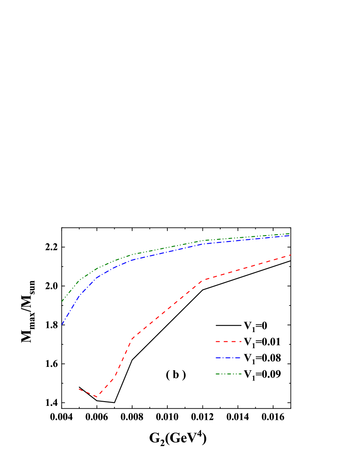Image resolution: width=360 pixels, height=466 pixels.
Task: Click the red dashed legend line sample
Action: [x=228, y=341]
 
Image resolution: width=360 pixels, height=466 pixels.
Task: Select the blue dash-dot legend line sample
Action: [x=228, y=358]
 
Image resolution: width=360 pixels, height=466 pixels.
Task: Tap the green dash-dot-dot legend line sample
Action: [x=228, y=374]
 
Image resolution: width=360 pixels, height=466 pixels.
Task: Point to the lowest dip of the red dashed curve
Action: [x=97, y=397]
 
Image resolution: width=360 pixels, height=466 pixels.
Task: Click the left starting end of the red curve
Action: [x=79, y=389]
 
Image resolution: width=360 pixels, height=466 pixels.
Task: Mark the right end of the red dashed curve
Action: [x=291, y=255]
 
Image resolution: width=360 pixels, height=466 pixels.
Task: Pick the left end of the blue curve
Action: [x=62, y=325]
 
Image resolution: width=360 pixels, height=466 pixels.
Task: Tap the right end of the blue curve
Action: [x=290, y=236]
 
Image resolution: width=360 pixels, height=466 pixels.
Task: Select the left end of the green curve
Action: [x=62, y=301]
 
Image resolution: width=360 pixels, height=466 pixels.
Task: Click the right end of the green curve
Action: [x=290, y=233]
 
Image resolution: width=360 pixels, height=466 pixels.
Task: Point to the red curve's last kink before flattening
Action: [x=203, y=280]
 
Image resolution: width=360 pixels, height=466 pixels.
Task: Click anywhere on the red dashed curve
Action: [x=169, y=307]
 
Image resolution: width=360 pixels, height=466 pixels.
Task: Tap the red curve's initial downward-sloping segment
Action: [x=88, y=393]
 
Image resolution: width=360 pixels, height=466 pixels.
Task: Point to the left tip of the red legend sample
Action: [x=216, y=341]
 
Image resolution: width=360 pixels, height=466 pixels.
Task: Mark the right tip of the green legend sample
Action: [x=241, y=374]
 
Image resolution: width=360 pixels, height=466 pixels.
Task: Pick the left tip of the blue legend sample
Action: [x=216, y=358]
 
